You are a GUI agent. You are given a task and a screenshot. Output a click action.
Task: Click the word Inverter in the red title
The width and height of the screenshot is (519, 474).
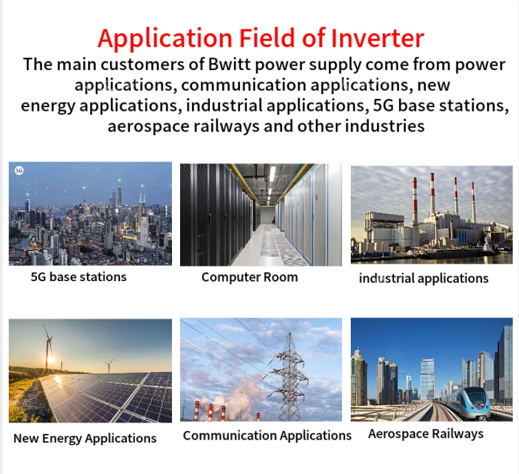[x=377, y=38]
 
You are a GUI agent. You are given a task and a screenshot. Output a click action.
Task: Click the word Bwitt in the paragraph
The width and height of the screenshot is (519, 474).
[x=229, y=64]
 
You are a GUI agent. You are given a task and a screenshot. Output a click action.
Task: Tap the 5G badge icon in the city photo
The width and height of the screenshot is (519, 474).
[x=19, y=170]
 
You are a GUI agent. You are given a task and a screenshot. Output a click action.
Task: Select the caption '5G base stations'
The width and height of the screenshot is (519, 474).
[x=78, y=277]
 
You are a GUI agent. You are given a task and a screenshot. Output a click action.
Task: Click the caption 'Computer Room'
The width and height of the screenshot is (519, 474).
[x=249, y=277]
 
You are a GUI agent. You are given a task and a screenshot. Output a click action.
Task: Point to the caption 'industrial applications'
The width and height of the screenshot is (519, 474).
[x=424, y=279]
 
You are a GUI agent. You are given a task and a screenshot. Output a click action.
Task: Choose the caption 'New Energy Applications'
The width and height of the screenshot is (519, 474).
[x=85, y=438]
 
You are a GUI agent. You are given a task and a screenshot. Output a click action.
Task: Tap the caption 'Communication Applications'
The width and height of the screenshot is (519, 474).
[x=267, y=436]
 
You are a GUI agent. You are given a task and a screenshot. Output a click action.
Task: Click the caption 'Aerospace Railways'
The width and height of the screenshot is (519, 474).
[x=426, y=433]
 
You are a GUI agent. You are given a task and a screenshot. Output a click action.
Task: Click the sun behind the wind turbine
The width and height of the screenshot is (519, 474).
[x=51, y=359]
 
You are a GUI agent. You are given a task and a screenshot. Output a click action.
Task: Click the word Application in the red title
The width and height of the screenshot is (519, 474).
[x=165, y=39]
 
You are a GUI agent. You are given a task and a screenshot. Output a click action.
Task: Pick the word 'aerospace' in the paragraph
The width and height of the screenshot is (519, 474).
[x=148, y=126]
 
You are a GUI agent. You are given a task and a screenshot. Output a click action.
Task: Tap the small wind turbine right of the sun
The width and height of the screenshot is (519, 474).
[x=109, y=365]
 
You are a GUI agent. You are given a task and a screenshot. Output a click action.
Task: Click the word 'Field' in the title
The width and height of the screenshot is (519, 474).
[x=267, y=38]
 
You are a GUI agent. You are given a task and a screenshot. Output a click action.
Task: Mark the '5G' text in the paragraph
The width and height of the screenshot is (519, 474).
[x=383, y=105]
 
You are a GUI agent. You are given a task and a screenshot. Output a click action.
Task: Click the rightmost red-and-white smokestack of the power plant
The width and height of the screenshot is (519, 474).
[x=473, y=202]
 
